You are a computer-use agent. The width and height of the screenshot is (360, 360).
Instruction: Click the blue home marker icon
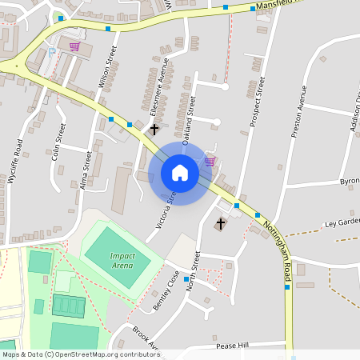pos(180,172)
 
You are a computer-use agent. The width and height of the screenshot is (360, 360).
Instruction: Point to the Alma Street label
pos(86,168)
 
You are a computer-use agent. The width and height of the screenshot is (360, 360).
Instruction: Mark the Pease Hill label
pos(233,346)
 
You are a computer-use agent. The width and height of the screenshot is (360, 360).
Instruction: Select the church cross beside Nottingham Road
pos(221,223)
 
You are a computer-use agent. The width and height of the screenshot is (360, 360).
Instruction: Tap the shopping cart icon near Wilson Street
pos(74,46)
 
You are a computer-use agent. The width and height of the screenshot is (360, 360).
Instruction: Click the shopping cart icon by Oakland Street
pos(210,161)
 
